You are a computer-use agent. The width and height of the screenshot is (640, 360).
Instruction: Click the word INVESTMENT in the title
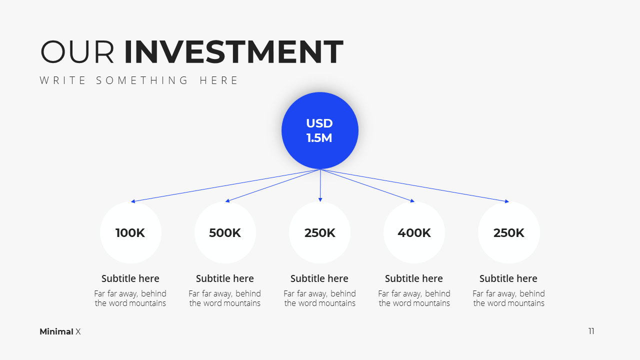233,51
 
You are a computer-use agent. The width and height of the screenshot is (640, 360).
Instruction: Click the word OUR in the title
77,51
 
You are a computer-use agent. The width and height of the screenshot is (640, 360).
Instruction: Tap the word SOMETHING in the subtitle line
142,80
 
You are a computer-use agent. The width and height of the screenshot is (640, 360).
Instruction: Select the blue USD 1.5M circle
320,130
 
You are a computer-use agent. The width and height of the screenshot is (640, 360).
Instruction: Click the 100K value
130,233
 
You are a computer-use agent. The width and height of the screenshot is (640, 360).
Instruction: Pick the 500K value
225,233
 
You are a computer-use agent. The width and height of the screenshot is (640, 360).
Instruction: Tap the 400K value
414,233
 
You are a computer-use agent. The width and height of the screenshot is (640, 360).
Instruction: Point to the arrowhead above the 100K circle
133,201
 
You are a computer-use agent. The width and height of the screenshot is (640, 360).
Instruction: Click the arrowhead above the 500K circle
227,201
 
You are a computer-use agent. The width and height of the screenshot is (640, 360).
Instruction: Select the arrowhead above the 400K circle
412,201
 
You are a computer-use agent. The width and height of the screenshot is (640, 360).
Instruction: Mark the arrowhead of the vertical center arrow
320,199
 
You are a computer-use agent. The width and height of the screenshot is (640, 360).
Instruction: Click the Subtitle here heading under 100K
130,278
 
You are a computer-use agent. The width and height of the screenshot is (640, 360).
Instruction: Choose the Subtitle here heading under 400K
414,278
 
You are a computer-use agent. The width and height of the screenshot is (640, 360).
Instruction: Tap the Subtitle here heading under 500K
225,278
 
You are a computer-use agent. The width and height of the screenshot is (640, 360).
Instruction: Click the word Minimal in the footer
56,331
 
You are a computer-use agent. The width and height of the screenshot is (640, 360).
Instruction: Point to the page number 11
591,331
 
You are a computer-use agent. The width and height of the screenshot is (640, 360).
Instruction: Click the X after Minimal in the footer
78,331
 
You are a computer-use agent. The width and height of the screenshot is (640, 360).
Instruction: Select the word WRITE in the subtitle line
62,80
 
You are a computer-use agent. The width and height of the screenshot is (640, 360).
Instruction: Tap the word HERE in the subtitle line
218,80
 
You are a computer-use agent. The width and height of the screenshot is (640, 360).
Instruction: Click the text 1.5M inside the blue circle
319,138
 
